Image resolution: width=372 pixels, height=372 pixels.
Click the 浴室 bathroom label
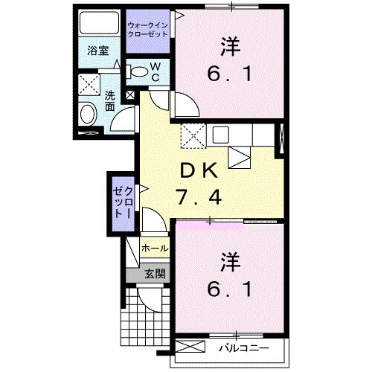pos(98,51)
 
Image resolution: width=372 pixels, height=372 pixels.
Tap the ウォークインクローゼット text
pos(149,31)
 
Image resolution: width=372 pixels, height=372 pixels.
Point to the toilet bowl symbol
pos(138,71)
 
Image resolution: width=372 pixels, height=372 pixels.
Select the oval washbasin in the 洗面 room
pos(87,115)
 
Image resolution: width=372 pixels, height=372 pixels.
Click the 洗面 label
pos(109,101)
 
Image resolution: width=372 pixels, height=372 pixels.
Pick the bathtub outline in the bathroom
pos(98,23)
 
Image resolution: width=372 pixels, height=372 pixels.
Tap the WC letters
pos(156,71)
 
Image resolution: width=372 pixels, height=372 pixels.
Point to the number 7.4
pos(199,198)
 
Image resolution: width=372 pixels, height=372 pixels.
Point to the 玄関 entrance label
pos(155,272)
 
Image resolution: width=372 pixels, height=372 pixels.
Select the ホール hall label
pos(154,248)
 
